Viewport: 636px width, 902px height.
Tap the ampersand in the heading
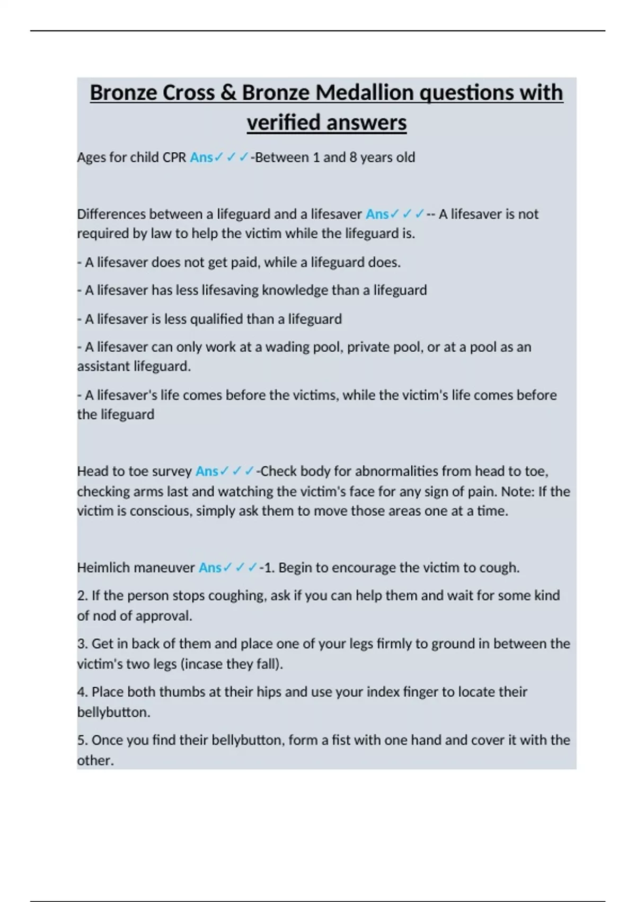pyautogui.click(x=228, y=92)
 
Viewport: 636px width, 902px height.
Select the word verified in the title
pyautogui.click(x=284, y=123)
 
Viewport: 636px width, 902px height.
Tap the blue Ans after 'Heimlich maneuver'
pyautogui.click(x=210, y=568)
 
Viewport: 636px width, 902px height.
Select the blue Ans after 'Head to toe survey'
pyautogui.click(x=207, y=471)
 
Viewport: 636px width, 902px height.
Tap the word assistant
pyautogui.click(x=103, y=367)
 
